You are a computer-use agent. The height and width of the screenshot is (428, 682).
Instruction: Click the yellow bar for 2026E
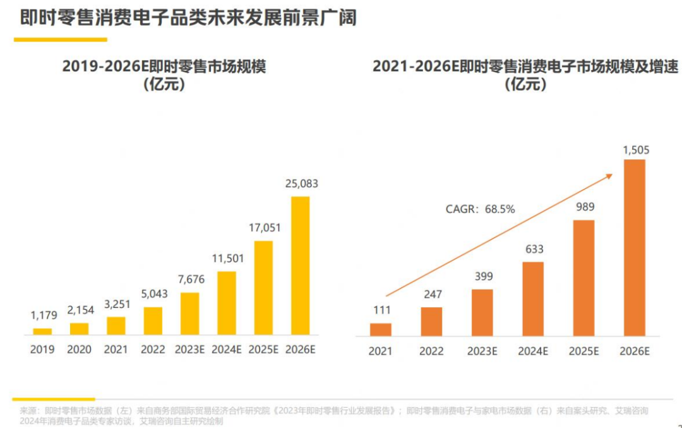click(301, 266)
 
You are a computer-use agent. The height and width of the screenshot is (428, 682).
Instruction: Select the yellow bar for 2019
click(42, 331)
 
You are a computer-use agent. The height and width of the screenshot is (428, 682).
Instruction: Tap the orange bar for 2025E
click(583, 278)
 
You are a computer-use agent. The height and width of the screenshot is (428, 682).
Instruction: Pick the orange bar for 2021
click(381, 329)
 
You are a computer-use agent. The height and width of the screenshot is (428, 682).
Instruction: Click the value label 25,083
click(301, 184)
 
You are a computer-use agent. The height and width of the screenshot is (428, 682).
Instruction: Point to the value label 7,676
click(190, 280)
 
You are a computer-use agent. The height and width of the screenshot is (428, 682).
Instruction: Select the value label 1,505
click(635, 150)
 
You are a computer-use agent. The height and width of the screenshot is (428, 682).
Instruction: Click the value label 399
click(483, 276)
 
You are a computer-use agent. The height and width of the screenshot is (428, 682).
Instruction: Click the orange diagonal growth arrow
click(499, 235)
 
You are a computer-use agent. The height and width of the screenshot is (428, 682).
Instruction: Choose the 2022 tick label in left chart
click(152, 349)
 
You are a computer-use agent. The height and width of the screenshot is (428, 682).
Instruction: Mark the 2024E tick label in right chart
click(533, 351)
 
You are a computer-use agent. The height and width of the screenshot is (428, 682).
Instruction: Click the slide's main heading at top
click(188, 17)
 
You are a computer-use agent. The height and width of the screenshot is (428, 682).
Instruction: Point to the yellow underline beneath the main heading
click(61, 39)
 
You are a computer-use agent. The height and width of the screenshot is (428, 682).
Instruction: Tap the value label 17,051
click(263, 228)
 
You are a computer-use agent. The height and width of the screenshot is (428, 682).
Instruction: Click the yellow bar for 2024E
click(227, 303)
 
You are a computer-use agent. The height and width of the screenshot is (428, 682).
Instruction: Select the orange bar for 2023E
click(482, 312)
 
